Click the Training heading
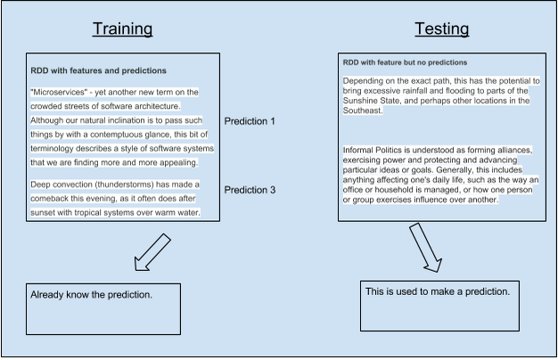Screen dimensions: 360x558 pyautogui.click(x=122, y=29)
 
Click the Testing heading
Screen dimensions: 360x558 pyautogui.click(x=441, y=29)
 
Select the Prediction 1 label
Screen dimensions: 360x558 pyautogui.click(x=250, y=120)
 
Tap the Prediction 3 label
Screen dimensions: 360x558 pyautogui.click(x=250, y=189)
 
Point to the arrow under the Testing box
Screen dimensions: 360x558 pyautogui.click(x=425, y=247)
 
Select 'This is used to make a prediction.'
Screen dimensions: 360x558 pyautogui.click(x=438, y=291)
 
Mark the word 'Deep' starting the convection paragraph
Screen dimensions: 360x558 pyautogui.click(x=40, y=184)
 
